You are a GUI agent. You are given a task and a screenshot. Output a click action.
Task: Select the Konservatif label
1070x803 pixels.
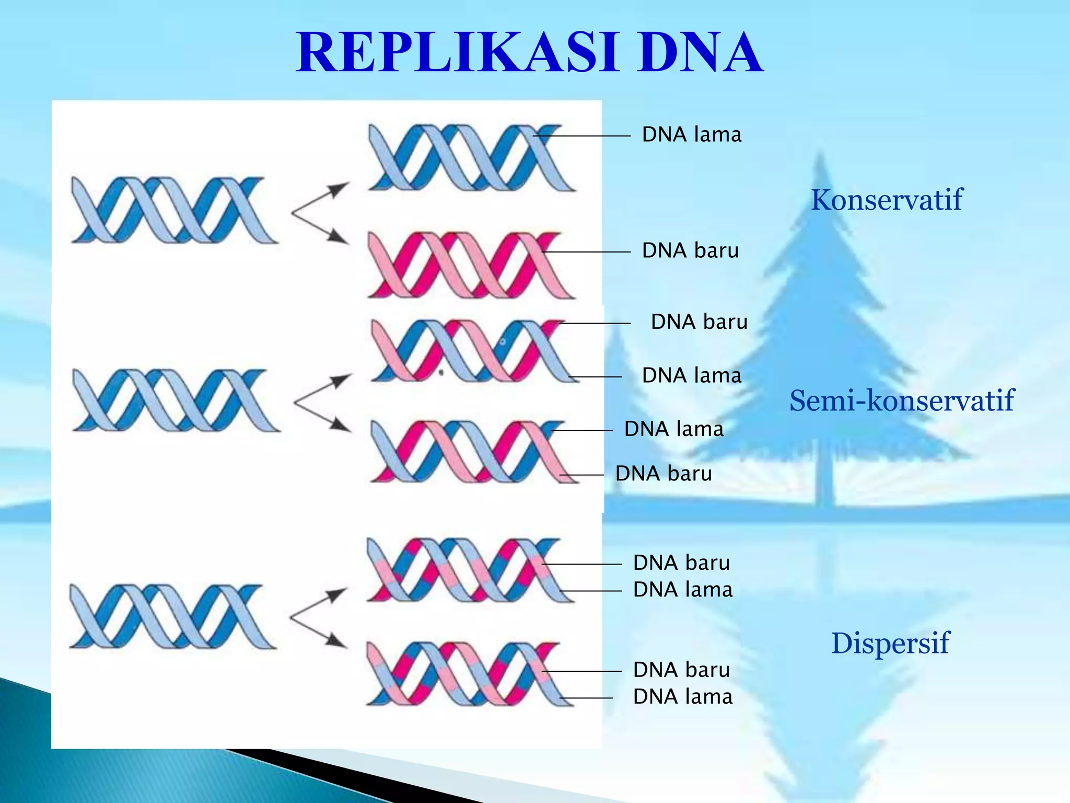[886, 200]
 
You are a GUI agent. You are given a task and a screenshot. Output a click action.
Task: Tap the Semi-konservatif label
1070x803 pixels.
[901, 401]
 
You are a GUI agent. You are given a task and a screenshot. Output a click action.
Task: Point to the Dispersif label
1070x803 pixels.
[890, 643]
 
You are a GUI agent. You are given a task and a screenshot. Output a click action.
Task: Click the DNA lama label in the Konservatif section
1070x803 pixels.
[691, 135]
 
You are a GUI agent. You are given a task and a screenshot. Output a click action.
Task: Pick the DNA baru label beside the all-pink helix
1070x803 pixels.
[690, 251]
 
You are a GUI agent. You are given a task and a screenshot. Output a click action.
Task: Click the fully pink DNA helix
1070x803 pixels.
[470, 265]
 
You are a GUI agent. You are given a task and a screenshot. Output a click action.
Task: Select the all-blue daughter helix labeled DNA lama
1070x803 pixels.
[470, 157]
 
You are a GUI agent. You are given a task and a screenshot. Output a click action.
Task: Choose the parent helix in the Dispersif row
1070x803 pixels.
[172, 617]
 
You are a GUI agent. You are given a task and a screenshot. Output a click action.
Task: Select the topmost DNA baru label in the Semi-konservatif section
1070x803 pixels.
[699, 322]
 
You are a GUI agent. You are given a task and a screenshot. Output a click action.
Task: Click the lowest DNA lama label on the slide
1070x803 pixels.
[682, 697]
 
